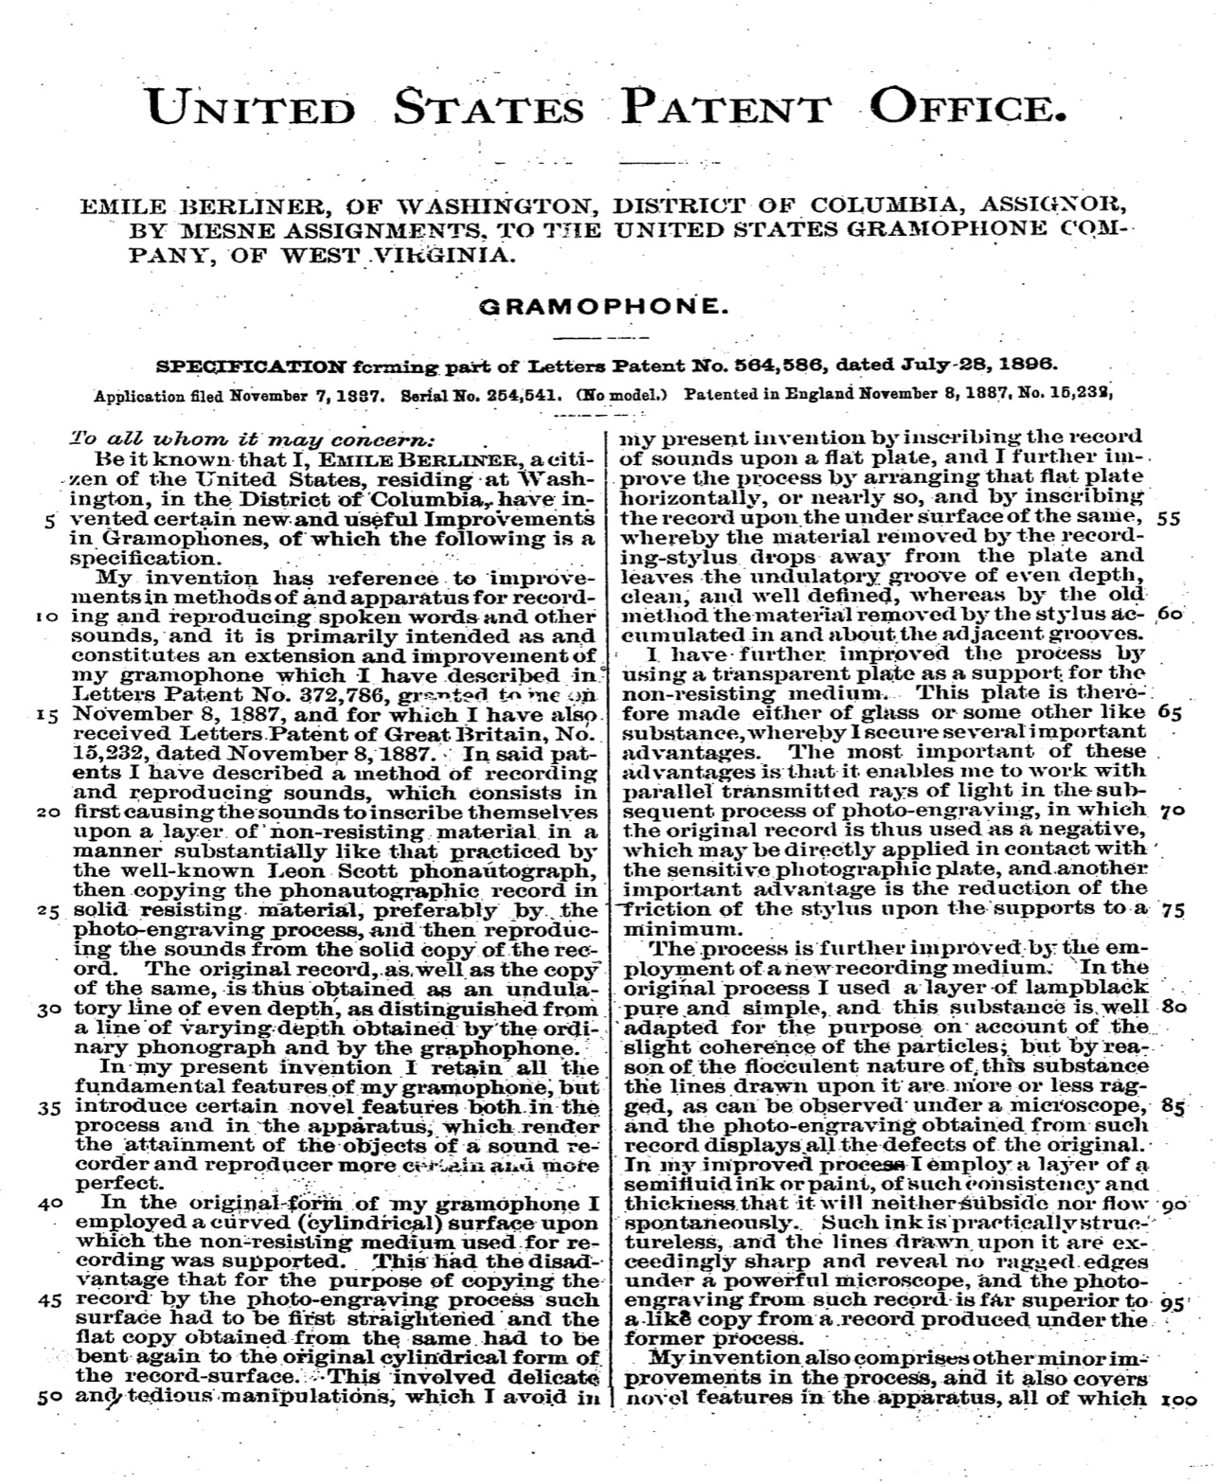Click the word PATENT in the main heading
725,108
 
